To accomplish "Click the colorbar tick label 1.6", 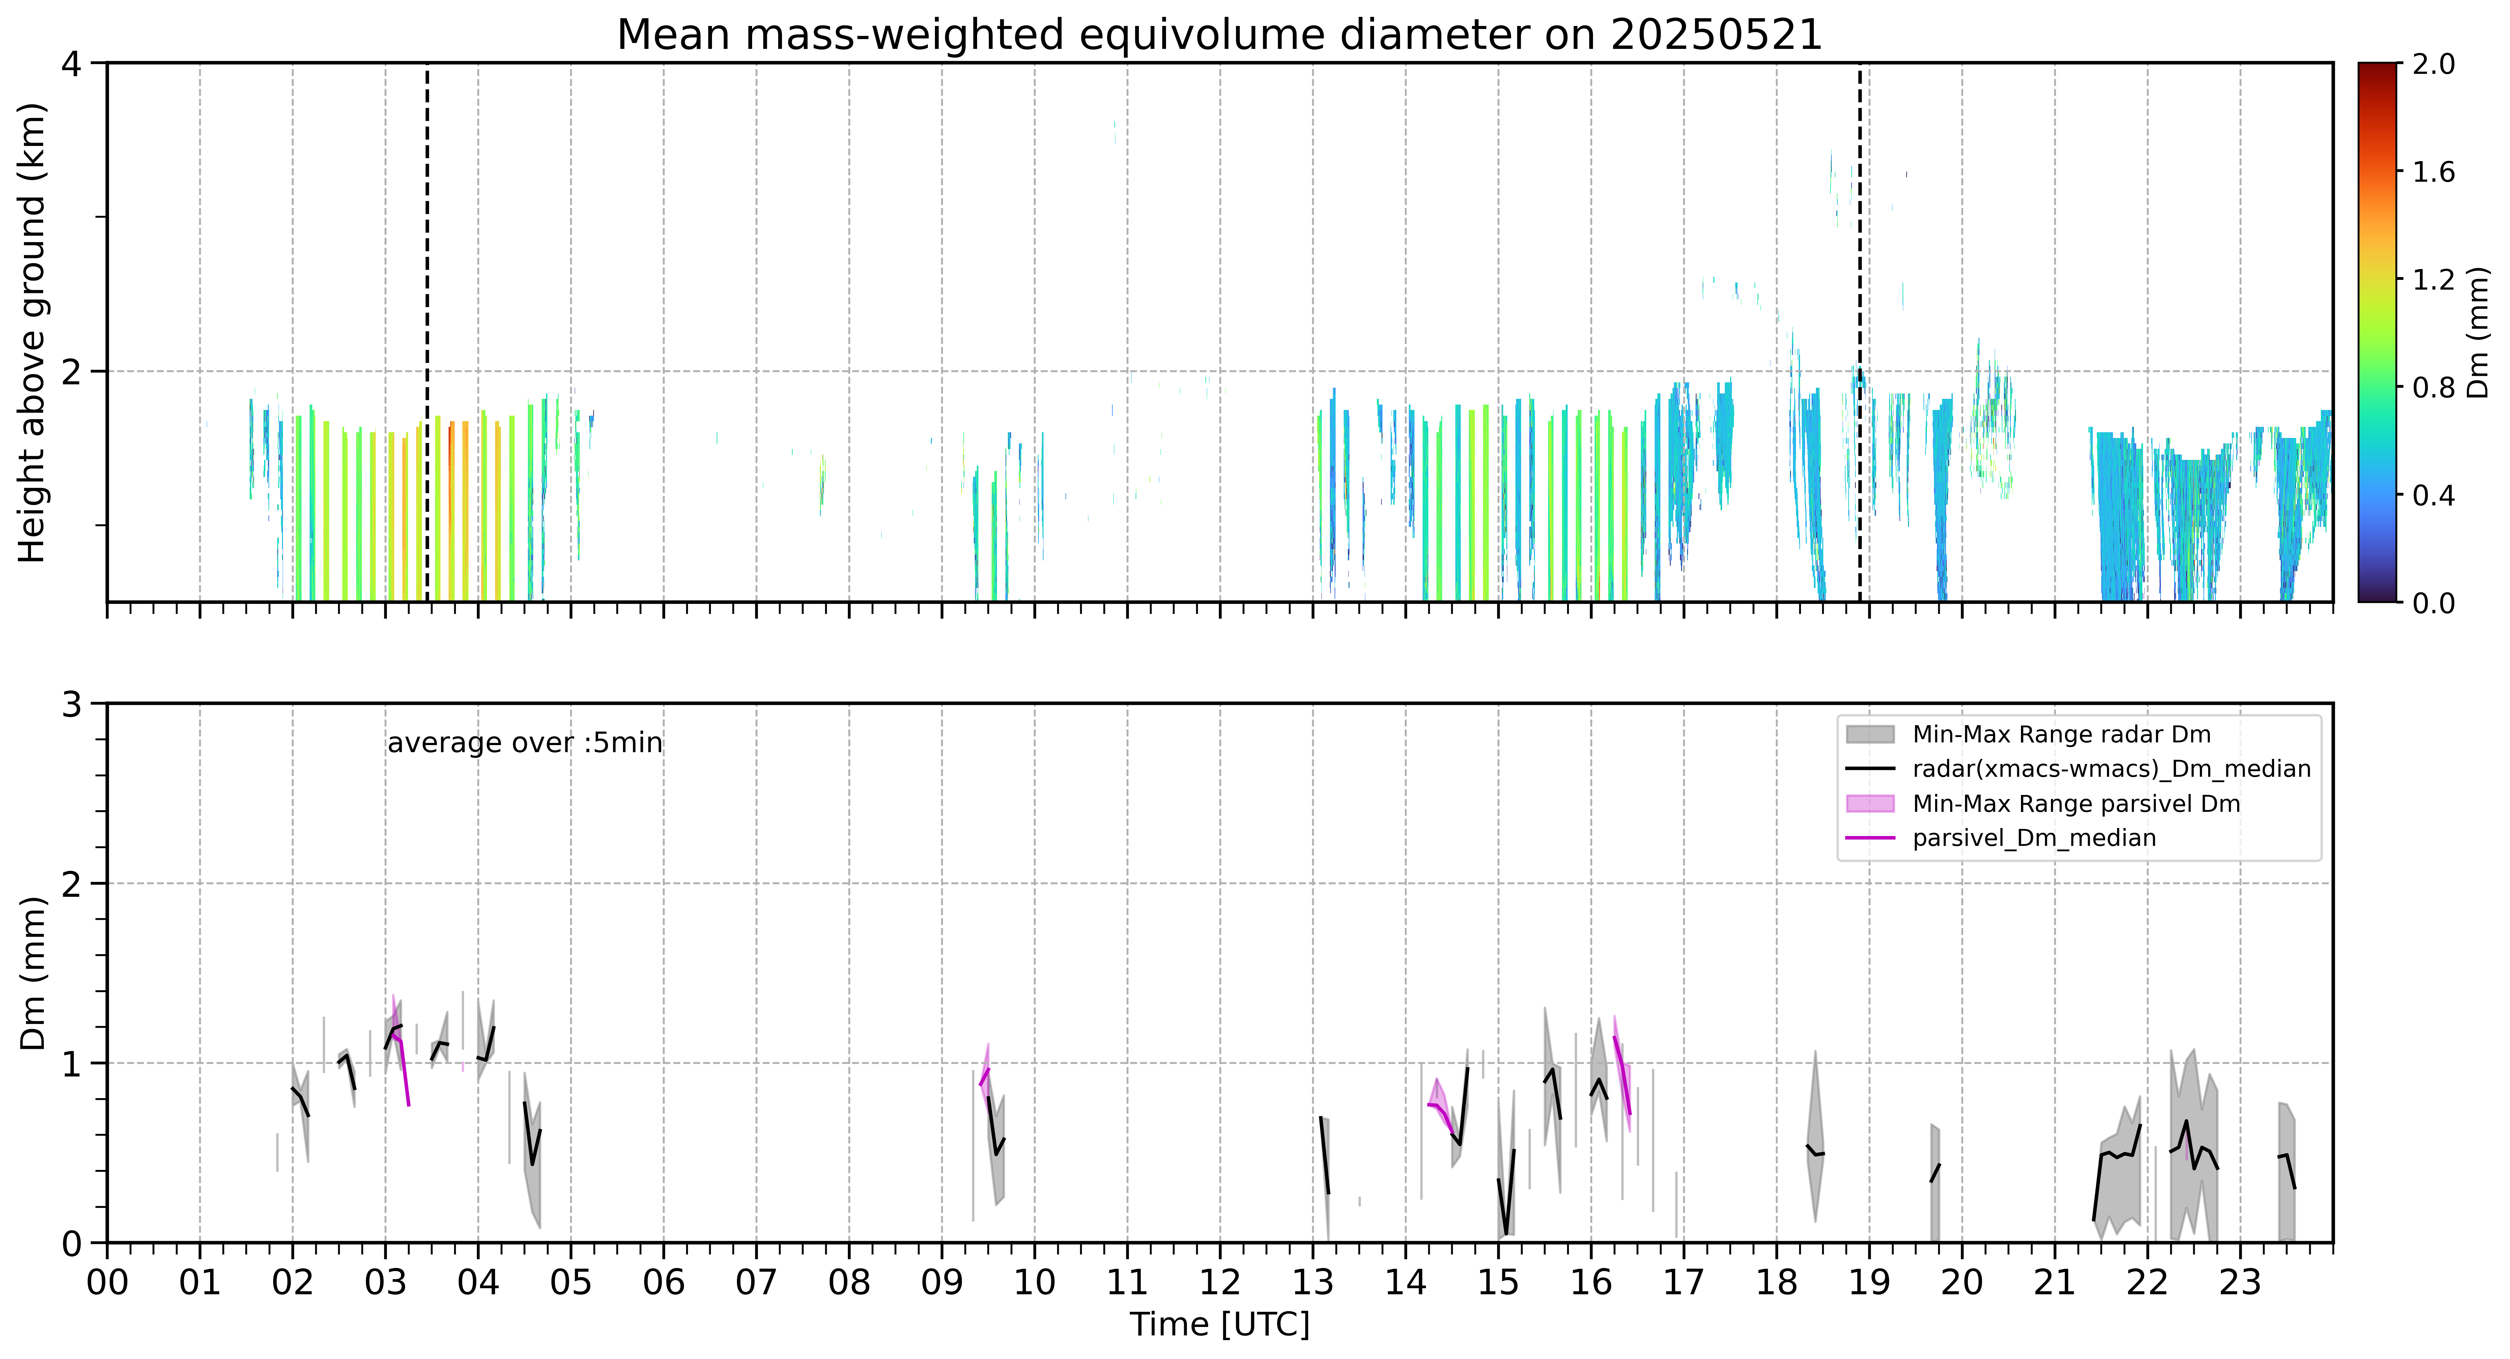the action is click(2433, 172).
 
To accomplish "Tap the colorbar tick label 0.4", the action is click(2433, 495).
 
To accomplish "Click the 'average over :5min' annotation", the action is click(524, 743).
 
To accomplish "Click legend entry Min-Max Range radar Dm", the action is click(2061, 735).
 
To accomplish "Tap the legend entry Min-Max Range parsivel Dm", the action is click(2076, 804).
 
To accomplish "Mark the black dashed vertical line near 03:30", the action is click(427, 332).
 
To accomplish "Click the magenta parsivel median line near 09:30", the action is click(984, 1076).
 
